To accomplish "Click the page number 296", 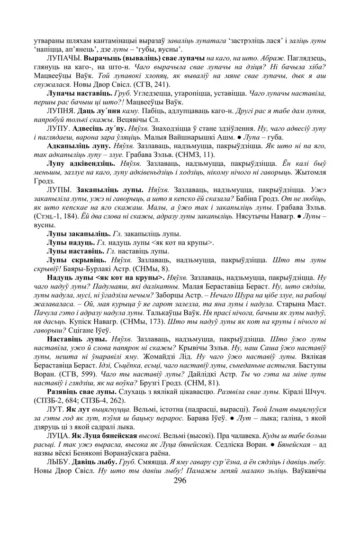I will point(180,480).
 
